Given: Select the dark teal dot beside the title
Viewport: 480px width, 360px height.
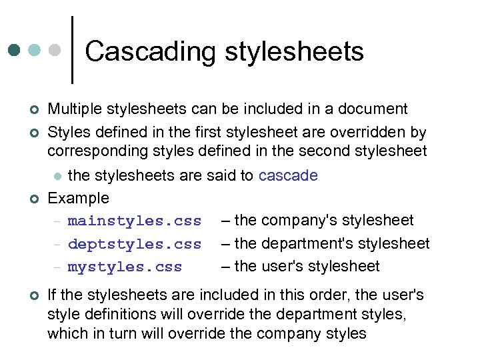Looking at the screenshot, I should coord(14,50).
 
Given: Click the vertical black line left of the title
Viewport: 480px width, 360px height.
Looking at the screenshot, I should coord(71,50).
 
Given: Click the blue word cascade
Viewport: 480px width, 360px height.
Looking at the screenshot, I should coord(288,175).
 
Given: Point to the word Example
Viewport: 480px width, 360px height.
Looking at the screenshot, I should coord(78,198).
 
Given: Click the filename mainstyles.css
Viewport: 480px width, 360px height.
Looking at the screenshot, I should coord(134,221).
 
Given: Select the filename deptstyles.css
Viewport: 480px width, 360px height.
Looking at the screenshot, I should coord(134,244).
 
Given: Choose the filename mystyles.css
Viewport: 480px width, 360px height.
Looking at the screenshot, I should coord(125,267).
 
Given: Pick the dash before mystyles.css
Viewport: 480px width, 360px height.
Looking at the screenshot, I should coord(57,267).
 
